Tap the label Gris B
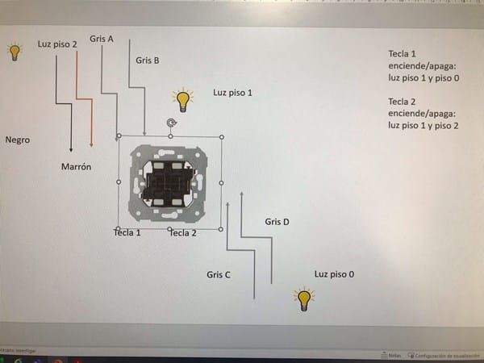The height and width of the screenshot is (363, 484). (148, 60)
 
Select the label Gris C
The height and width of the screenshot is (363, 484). (219, 275)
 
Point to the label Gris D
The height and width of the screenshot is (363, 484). (277, 222)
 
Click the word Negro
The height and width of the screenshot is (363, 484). (17, 140)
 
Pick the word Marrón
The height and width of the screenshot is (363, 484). (76, 167)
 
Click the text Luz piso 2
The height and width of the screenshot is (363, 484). (57, 44)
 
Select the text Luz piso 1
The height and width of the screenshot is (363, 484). (232, 93)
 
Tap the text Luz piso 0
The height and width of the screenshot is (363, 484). (334, 275)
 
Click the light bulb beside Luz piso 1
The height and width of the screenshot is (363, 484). (183, 101)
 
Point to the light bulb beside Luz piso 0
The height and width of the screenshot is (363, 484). (304, 299)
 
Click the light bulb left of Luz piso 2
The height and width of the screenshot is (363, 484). (14, 52)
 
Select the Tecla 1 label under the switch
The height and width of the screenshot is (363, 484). (127, 233)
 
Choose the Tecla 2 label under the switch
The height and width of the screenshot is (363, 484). (182, 233)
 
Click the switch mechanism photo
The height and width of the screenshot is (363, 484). (169, 183)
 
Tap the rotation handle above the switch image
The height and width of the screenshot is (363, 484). (170, 123)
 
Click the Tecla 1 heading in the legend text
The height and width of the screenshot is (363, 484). (403, 54)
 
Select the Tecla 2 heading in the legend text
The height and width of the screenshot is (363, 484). (403, 102)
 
